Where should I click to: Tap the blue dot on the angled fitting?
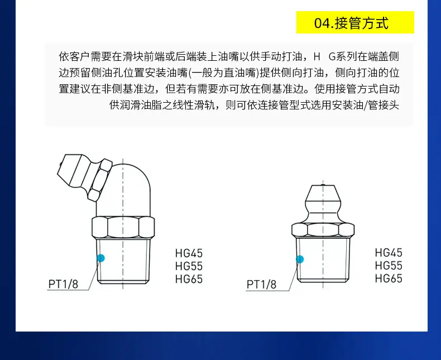[100, 258]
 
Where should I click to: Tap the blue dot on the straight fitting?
[300, 259]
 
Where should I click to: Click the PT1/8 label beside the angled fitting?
[63, 284]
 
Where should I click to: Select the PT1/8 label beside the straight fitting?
[262, 285]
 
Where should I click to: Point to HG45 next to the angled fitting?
[189, 253]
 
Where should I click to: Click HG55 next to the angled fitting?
[189, 266]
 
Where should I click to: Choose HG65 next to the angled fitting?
[189, 279]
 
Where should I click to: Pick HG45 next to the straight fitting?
[389, 253]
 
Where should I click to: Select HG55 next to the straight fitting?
[389, 266]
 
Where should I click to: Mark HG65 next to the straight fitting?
[389, 279]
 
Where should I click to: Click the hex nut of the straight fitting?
[323, 229]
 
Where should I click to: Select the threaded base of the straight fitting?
[323, 260]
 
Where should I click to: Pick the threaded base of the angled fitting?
[123, 261]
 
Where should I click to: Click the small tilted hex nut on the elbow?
[100, 180]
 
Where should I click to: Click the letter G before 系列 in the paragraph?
[332, 57]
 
